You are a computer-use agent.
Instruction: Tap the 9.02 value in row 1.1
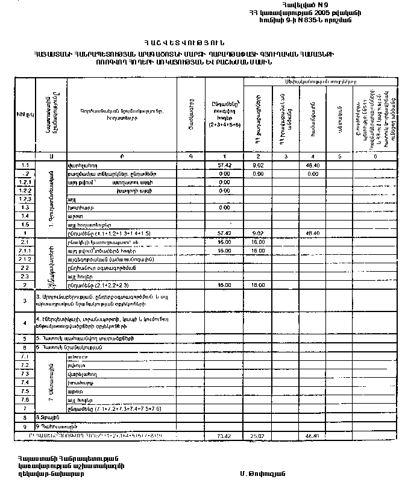point(257,164)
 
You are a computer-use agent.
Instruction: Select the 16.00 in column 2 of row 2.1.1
point(257,249)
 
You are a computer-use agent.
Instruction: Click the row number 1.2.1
point(24,181)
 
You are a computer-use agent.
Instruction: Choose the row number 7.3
point(24,374)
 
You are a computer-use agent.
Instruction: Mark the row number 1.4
point(24,215)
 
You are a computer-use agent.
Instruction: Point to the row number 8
point(25,416)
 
